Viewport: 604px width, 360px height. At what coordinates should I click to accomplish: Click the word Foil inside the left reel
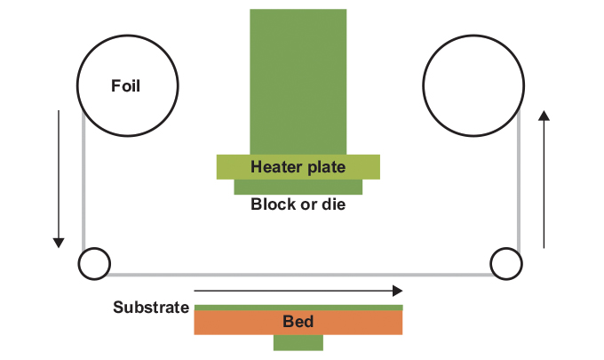(x=126, y=86)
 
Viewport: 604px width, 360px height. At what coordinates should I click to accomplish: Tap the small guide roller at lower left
(x=94, y=263)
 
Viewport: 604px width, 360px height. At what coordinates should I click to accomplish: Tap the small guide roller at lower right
(x=505, y=263)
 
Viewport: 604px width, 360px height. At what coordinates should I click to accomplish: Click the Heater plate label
(x=298, y=166)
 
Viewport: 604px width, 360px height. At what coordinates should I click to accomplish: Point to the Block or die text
(x=298, y=204)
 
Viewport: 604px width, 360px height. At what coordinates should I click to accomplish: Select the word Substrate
(x=151, y=308)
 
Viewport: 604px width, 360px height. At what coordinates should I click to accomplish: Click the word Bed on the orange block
(x=298, y=321)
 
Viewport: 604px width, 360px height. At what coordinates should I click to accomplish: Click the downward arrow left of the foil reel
(x=59, y=178)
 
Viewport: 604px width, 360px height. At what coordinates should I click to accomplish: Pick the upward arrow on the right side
(x=544, y=178)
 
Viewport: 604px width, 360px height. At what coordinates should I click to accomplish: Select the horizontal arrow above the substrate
(x=298, y=290)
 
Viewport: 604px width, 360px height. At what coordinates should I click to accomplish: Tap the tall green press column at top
(x=298, y=80)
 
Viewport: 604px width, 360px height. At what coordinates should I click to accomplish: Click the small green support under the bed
(x=298, y=343)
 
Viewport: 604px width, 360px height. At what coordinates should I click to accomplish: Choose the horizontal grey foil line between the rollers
(x=299, y=274)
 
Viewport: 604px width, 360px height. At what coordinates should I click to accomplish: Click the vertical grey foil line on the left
(x=83, y=187)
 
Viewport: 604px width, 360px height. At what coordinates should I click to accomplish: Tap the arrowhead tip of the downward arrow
(x=59, y=243)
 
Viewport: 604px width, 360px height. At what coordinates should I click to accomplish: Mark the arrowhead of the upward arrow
(x=544, y=115)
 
